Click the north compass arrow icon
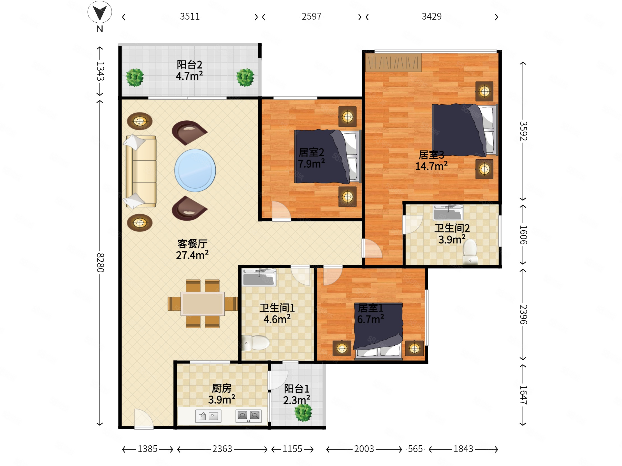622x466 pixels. pos(99,12)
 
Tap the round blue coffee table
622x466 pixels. pos(195,170)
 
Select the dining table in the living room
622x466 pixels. pos(203,304)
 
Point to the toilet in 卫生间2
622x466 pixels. pos(470,252)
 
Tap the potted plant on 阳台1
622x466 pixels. pos(303,412)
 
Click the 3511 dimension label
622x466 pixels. pos(190,17)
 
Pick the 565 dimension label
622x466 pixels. pos(415,449)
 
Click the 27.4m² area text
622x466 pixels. pos(192,255)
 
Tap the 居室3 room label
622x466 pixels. pos(431,155)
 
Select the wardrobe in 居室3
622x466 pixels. pos(393,62)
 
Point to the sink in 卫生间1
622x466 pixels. pos(259,277)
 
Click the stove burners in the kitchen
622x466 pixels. pos(249,415)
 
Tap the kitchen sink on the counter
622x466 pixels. pos(208,416)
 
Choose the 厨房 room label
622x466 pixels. pos(222,388)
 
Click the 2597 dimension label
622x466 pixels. pos(312,17)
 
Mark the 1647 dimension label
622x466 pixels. pos(523,395)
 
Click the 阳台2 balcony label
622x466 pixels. pos(189,65)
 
